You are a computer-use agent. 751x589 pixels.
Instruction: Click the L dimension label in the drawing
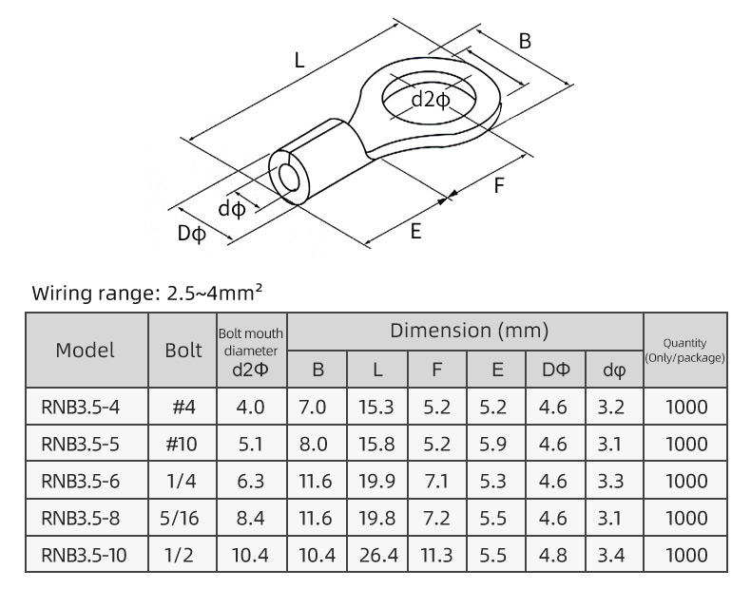tap(299, 62)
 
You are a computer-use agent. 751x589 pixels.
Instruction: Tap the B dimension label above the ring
tap(524, 41)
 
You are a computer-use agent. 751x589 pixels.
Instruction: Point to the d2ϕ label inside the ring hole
tap(431, 98)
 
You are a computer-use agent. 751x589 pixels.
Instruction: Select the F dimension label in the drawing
tap(498, 185)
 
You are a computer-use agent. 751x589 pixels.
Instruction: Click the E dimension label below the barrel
tap(415, 232)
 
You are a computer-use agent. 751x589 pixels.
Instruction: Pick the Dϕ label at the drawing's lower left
tap(191, 233)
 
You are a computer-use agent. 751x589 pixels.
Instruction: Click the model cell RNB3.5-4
tap(81, 408)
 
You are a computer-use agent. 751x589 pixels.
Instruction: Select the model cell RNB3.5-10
tap(85, 554)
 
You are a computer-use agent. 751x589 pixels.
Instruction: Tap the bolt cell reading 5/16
tap(183, 518)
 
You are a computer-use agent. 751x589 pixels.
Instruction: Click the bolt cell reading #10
tap(183, 444)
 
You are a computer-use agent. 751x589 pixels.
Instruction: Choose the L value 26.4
tap(376, 554)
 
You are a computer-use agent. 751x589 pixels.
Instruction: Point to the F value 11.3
tap(437, 554)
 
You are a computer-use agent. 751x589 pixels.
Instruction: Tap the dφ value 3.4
tap(613, 554)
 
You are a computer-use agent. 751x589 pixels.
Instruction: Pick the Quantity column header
tap(684, 350)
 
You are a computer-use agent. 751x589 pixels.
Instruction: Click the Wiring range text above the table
tap(147, 293)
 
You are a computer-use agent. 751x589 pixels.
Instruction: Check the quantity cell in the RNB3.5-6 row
tap(684, 481)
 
